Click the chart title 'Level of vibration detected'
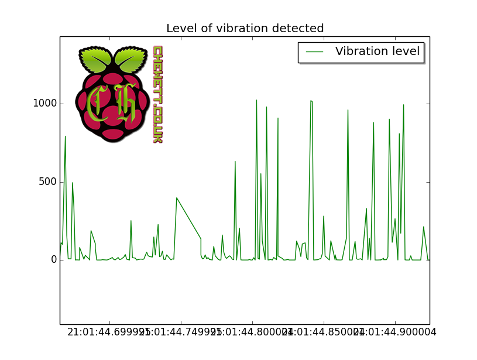(245, 28)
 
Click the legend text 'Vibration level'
(377, 52)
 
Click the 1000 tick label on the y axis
(45, 104)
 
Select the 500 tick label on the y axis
(47, 181)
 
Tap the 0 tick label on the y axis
(53, 260)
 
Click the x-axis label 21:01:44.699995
(109, 332)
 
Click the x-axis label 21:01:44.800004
(252, 332)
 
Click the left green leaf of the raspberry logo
(95, 59)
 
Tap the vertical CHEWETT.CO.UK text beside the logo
(157, 94)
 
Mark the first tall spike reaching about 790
(65, 137)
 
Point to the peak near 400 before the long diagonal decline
(176, 198)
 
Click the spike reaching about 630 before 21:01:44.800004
(235, 162)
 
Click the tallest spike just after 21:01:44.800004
(256, 101)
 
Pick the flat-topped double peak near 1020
(311, 101)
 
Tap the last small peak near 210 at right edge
(424, 227)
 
